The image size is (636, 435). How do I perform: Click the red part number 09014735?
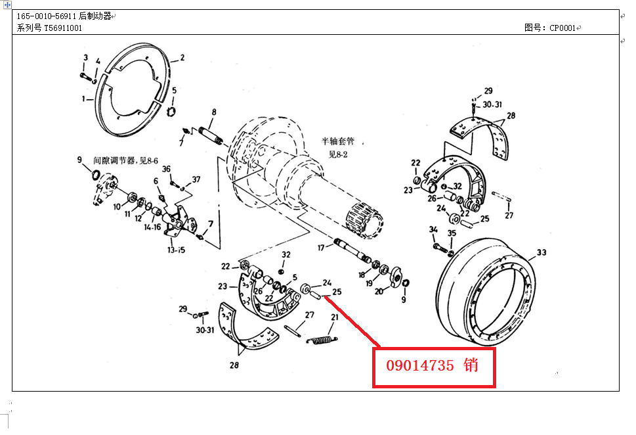click(420, 365)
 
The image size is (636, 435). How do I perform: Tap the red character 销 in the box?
click(471, 365)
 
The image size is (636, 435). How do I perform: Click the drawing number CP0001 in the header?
click(562, 28)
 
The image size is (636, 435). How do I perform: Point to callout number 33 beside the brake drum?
click(541, 252)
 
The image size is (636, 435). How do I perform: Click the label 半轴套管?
click(338, 141)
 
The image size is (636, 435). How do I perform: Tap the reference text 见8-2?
click(338, 154)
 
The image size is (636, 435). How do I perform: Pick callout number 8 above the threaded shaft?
click(214, 112)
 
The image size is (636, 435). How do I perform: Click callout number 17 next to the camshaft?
click(321, 247)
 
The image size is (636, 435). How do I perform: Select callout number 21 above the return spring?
click(335, 317)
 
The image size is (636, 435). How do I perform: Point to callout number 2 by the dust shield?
click(182, 58)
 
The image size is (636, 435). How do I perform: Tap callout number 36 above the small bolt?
click(166, 169)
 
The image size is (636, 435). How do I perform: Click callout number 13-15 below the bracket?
click(176, 250)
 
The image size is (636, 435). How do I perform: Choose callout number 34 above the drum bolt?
click(433, 229)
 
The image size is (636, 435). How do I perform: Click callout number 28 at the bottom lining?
click(234, 365)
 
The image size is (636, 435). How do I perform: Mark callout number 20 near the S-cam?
click(379, 291)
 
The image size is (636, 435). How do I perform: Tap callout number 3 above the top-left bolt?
click(85, 58)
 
